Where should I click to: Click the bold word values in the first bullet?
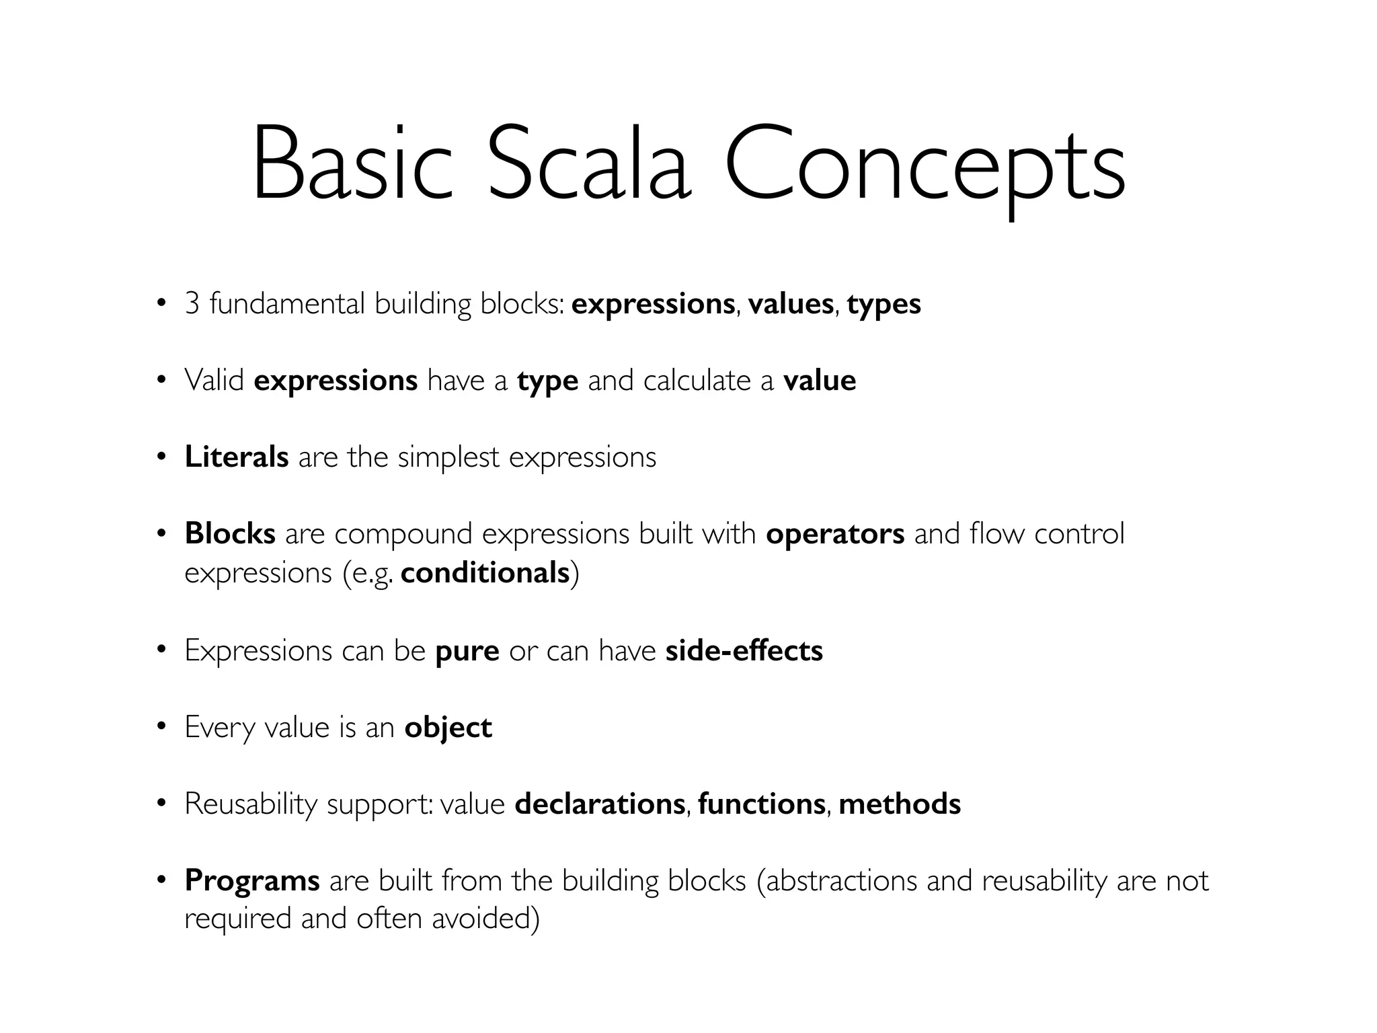pyautogui.click(x=791, y=304)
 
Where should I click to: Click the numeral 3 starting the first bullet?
pyautogui.click(x=192, y=304)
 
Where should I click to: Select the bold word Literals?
pyautogui.click(x=237, y=457)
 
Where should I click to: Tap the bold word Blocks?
pyautogui.click(x=230, y=534)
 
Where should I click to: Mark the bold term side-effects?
pyautogui.click(x=744, y=651)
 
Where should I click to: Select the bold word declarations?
pyautogui.click(x=600, y=804)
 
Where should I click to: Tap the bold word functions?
pyautogui.click(x=762, y=804)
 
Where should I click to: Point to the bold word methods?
pyautogui.click(x=900, y=804)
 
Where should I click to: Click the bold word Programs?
pyautogui.click(x=252, y=881)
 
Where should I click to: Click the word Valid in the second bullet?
pyautogui.click(x=214, y=381)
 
